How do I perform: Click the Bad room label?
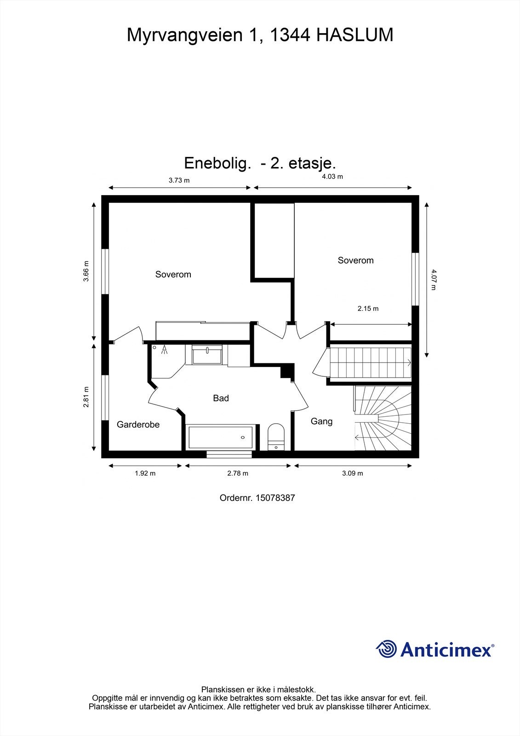pyautogui.click(x=221, y=398)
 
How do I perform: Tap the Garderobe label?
pyautogui.click(x=138, y=425)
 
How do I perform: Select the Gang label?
pyautogui.click(x=321, y=421)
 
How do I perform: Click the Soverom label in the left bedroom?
pyautogui.click(x=173, y=275)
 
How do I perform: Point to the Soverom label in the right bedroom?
pyautogui.click(x=355, y=260)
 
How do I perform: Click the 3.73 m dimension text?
pyautogui.click(x=179, y=180)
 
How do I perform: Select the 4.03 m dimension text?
pyautogui.click(x=332, y=176)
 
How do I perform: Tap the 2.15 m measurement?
pyautogui.click(x=368, y=309)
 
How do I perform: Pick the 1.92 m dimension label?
pyautogui.click(x=145, y=473)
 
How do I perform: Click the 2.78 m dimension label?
pyautogui.click(x=237, y=473)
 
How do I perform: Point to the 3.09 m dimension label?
pyautogui.click(x=352, y=473)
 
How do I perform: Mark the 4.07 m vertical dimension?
pyautogui.click(x=433, y=280)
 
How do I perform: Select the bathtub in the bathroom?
pyautogui.click(x=220, y=437)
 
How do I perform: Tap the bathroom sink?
pyautogui.click(x=207, y=355)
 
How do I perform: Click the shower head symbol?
pyautogui.click(x=165, y=351)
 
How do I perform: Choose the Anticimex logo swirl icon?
pyautogui.click(x=387, y=649)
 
